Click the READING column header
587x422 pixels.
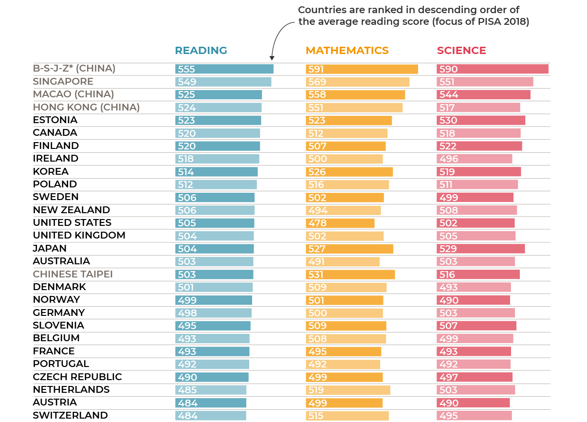(x=201, y=51)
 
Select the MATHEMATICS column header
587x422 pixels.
(x=347, y=51)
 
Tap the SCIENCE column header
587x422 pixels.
(x=461, y=51)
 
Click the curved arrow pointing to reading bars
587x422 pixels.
(x=277, y=39)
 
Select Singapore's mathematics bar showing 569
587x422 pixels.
(x=357, y=82)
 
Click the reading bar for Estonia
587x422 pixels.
(x=218, y=120)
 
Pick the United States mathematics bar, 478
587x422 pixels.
(x=340, y=223)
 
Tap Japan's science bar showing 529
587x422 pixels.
(x=480, y=249)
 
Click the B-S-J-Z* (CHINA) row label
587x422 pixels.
(x=74, y=69)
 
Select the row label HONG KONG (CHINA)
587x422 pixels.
(x=86, y=107)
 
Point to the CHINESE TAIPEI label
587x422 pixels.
(x=73, y=274)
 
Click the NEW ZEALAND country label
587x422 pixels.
(x=72, y=210)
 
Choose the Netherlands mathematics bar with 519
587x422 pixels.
(x=348, y=390)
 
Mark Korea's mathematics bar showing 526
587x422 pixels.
(x=349, y=172)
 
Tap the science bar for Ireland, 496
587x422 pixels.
(x=474, y=159)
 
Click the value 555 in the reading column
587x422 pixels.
(x=186, y=69)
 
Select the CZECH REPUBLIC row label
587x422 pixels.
(x=77, y=377)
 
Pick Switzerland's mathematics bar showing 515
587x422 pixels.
(x=347, y=416)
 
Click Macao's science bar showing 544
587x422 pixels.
(x=483, y=94)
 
